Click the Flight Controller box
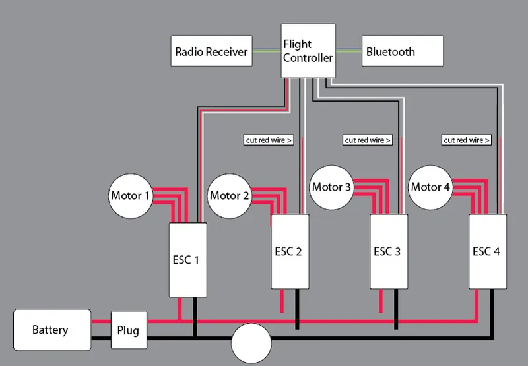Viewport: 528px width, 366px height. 308,51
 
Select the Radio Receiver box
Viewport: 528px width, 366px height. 211,52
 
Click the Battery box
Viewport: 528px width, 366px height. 52,329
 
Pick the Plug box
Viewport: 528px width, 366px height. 129,329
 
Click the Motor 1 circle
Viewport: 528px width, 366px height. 131,196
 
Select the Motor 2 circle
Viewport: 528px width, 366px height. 230,196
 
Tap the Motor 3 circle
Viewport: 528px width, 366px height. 332,187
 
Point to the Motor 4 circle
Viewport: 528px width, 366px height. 430,187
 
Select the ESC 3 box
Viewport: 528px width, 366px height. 387,251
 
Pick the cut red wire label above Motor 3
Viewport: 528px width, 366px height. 368,140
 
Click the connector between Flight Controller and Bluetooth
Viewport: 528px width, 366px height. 348,51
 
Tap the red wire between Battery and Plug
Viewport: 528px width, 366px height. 101,322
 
